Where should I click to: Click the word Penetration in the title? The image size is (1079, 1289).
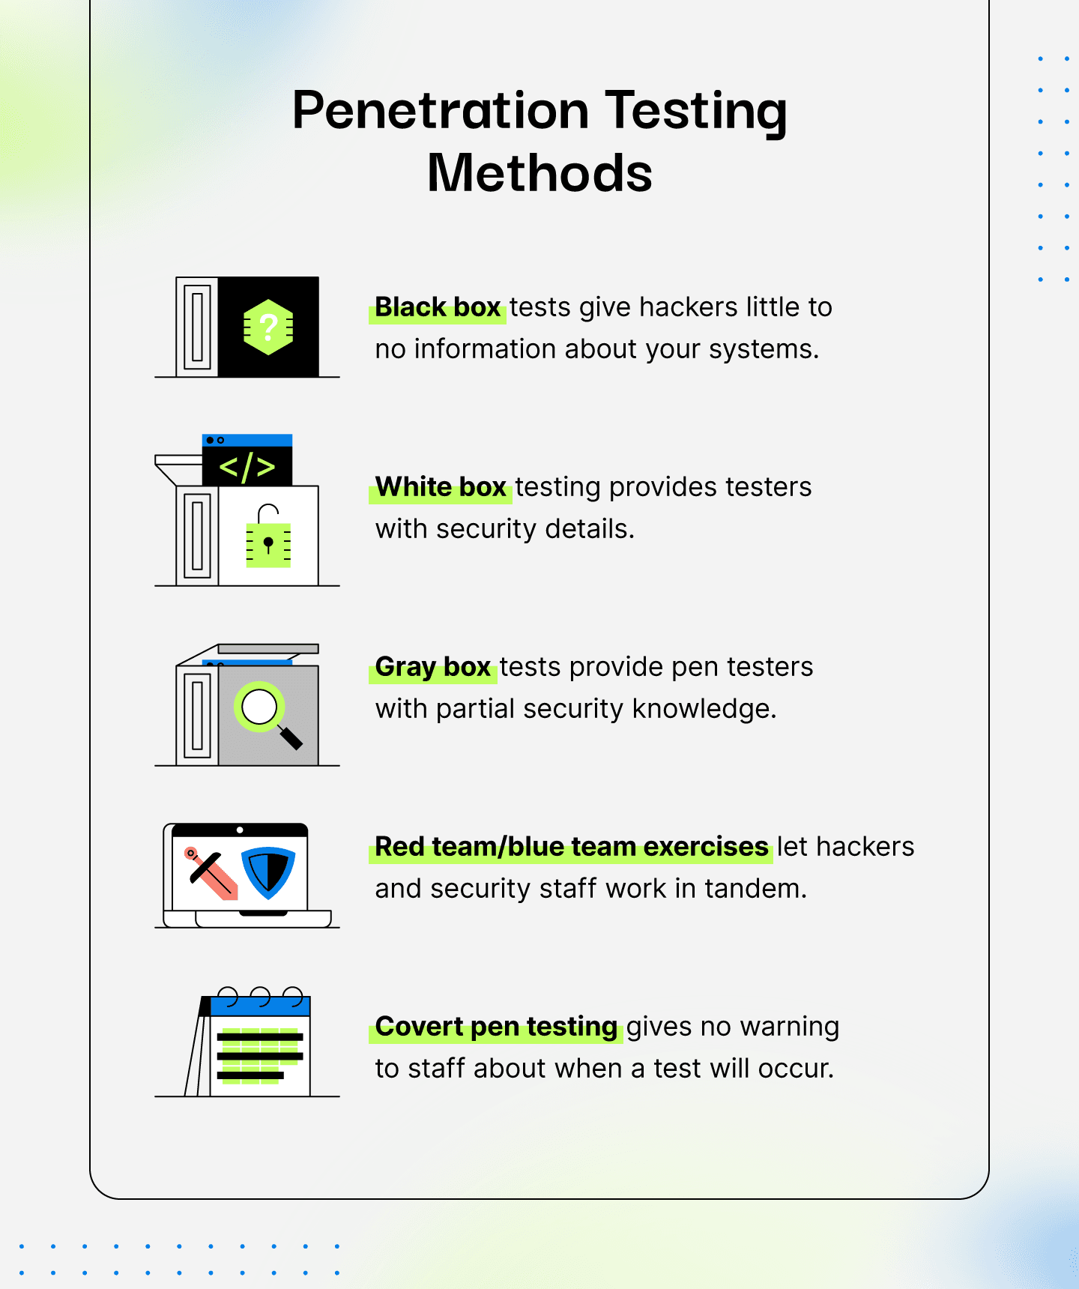click(441, 110)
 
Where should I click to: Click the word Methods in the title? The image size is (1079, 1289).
click(539, 173)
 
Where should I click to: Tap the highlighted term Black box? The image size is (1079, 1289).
click(438, 307)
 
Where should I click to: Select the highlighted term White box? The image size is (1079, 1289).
click(441, 487)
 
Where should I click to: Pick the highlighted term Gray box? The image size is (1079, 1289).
click(433, 667)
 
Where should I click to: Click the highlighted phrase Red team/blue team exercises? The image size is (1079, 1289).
click(572, 847)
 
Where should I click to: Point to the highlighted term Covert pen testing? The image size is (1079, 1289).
click(496, 1027)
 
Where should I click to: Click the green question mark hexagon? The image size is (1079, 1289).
click(268, 327)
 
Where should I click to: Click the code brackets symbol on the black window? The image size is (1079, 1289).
click(247, 466)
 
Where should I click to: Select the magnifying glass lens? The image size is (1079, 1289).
click(259, 706)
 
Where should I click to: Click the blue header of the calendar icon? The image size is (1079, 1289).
click(260, 1006)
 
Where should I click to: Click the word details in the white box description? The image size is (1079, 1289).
click(590, 529)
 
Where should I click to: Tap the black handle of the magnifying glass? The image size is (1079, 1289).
click(291, 737)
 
